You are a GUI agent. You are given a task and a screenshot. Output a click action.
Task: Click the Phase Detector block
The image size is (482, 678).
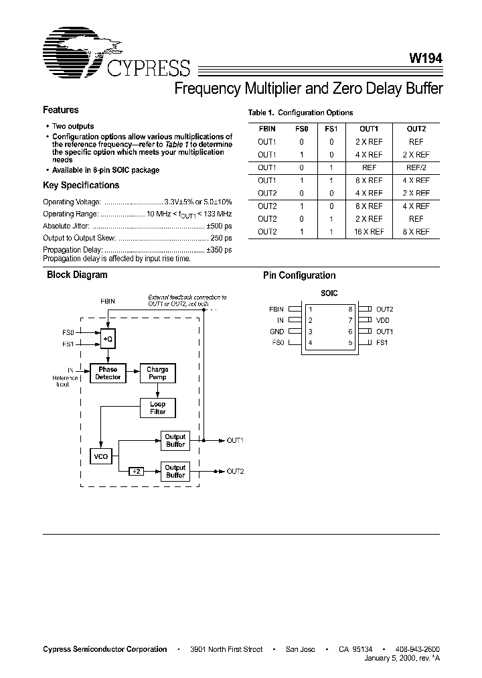pyautogui.click(x=108, y=373)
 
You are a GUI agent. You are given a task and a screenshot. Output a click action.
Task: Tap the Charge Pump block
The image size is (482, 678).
pyautogui.click(x=157, y=373)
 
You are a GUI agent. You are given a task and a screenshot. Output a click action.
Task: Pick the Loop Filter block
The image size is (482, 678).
pyautogui.click(x=157, y=407)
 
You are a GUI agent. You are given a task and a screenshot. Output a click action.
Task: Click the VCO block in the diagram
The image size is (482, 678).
pyautogui.click(x=100, y=457)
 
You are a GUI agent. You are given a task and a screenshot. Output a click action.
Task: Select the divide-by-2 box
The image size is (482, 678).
pyautogui.click(x=136, y=472)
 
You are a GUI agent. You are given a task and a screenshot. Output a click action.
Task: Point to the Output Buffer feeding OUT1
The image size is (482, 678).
pyautogui.click(x=175, y=440)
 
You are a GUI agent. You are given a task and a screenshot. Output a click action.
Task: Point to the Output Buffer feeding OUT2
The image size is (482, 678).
pyautogui.click(x=175, y=471)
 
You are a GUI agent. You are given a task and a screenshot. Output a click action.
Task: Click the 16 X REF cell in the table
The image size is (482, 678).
pyautogui.click(x=370, y=232)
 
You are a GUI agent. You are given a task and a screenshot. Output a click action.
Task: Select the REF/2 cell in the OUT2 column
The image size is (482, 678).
pyautogui.click(x=416, y=167)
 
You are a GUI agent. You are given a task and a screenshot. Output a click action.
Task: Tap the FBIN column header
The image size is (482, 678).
pyautogui.click(x=266, y=129)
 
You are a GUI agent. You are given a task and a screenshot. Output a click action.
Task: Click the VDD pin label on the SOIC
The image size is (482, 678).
pyautogui.click(x=383, y=321)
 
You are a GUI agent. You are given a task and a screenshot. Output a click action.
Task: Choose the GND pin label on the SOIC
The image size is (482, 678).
pyautogui.click(x=276, y=332)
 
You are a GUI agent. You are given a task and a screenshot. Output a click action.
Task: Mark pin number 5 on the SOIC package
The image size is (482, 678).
pyautogui.click(x=350, y=343)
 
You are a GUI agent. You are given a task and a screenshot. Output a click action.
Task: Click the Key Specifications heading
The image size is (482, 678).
pyautogui.click(x=81, y=186)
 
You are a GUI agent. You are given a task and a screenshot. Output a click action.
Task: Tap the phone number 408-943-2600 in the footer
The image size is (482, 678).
pyautogui.click(x=416, y=649)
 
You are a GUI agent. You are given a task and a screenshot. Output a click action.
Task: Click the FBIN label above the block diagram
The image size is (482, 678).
pyautogui.click(x=108, y=301)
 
